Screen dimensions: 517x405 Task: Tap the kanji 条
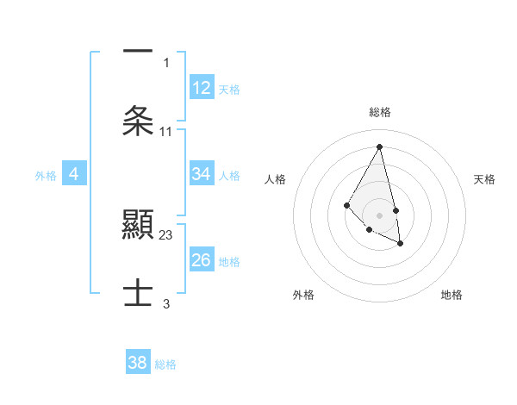pyautogui.click(x=138, y=120)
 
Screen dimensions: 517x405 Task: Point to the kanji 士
pyautogui.click(x=138, y=292)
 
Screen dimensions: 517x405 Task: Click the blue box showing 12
pyautogui.click(x=202, y=88)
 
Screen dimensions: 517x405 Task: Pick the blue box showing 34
pyautogui.click(x=202, y=174)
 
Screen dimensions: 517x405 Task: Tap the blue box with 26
pyautogui.click(x=202, y=260)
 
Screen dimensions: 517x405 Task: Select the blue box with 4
pyautogui.click(x=74, y=174)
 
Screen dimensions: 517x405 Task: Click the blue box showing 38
pyautogui.click(x=138, y=363)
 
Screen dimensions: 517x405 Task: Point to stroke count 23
pyautogui.click(x=166, y=234)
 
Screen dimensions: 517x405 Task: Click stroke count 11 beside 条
pyautogui.click(x=166, y=131)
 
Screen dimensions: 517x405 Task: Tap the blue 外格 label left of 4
pyautogui.click(x=46, y=175)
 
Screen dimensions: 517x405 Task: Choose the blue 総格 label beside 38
pyautogui.click(x=165, y=364)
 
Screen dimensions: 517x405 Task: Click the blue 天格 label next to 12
pyautogui.click(x=229, y=89)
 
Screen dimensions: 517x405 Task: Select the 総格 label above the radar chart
pyautogui.click(x=380, y=112)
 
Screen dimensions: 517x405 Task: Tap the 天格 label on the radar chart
pyautogui.click(x=484, y=179)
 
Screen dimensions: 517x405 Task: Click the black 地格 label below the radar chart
pyautogui.click(x=452, y=295)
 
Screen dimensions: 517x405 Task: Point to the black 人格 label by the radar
pyautogui.click(x=276, y=179)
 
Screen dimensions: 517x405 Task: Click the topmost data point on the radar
pyautogui.click(x=380, y=147)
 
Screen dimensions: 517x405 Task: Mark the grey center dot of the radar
pyautogui.click(x=380, y=215)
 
